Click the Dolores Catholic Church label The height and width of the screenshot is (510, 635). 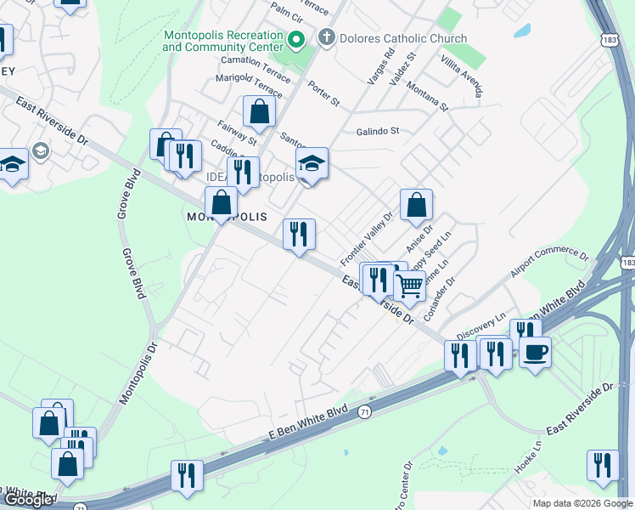402,38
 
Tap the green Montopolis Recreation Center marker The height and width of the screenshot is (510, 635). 296,39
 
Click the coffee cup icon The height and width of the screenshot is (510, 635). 535,351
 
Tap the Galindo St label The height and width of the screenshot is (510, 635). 377,131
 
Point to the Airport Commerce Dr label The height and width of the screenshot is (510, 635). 549,264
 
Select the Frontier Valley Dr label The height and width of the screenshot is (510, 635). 368,238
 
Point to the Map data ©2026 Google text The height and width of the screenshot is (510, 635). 582,503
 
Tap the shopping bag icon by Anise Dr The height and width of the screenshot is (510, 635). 416,206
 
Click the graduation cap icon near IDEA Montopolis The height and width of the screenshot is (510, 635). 312,163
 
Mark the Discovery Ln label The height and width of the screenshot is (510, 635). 480,323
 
